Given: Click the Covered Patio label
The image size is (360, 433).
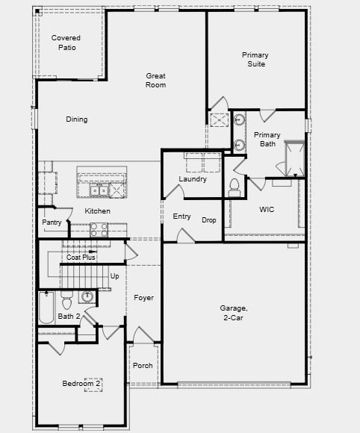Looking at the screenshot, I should point(66,43).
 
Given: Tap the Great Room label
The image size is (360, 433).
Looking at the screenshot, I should point(155,80).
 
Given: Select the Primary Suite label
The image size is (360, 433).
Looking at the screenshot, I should point(255,59).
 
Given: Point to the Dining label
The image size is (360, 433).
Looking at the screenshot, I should point(76,119).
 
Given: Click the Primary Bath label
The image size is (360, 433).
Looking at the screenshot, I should point(267,140).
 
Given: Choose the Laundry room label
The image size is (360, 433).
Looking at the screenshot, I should point(193,179).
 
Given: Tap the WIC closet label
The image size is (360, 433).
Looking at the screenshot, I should point(267,210).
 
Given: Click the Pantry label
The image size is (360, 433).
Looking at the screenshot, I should point(52,222).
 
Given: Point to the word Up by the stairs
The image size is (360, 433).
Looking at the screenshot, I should point(114,276).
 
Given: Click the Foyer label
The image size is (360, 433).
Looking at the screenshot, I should point(143,298).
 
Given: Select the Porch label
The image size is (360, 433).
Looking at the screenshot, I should point(143,366).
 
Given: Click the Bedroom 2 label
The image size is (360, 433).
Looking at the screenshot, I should point(81,384).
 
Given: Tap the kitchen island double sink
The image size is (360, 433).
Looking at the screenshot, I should point(99,191).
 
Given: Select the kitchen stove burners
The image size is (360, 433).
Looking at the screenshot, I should point(99,229).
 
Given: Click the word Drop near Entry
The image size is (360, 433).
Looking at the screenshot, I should point(209,219).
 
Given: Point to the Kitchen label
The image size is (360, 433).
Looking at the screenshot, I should point(97,211).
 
